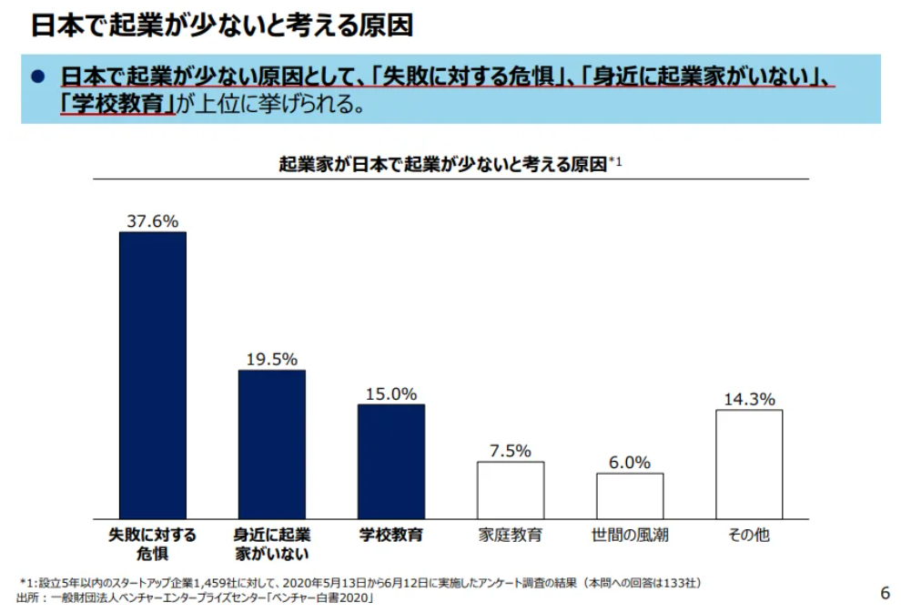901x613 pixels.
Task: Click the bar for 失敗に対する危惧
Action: pos(153,374)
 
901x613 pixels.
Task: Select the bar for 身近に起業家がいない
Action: pos(272,444)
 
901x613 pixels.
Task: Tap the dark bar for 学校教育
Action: pos(390,461)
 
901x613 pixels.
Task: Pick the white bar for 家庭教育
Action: pos(511,490)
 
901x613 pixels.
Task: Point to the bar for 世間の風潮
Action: pos(630,496)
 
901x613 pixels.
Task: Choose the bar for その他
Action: pos(749,464)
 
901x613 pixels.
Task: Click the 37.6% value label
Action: pos(153,220)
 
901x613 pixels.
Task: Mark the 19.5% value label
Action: pos(272,359)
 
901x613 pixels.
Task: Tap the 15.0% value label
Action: pos(391,393)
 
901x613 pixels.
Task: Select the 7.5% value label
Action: pos(511,451)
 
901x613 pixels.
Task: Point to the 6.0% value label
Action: pos(630,462)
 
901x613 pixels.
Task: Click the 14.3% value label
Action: pos(749,399)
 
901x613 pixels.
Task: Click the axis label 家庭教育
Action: pos(511,535)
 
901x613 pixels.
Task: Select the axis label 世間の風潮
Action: pos(630,535)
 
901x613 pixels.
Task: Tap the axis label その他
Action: pos(749,535)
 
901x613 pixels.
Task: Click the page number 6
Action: pos(885,593)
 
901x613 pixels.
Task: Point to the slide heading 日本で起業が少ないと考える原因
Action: pos(222,25)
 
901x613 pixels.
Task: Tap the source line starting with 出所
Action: pos(196,598)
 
